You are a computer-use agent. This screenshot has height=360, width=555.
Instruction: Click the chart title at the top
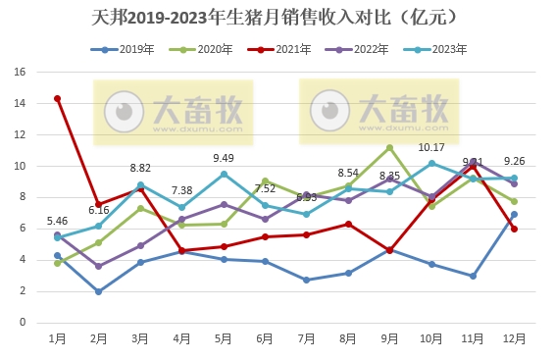coord(277,18)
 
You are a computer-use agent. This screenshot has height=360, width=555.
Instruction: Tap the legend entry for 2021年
coord(284,49)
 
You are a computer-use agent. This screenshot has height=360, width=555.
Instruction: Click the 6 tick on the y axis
coord(22,228)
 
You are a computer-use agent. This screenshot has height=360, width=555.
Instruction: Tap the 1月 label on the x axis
coord(58,337)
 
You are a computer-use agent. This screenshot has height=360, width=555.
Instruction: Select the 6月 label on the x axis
coord(265,337)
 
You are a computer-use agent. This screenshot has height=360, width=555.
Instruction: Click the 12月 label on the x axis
coord(514,337)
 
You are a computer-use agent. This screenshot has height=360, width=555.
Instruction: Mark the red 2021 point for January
coord(58,98)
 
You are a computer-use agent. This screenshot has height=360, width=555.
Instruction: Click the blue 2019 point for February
coord(99,291)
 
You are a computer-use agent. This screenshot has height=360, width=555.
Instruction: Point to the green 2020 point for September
coord(389,148)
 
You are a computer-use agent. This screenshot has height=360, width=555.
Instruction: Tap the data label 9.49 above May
coord(224,158)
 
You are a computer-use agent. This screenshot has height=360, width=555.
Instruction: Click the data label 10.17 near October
coord(431,147)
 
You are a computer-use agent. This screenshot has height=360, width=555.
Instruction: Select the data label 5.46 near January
coord(58,221)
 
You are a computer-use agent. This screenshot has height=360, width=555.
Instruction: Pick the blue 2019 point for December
coord(514,214)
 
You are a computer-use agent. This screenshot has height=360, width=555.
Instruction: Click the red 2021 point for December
coord(514,229)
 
